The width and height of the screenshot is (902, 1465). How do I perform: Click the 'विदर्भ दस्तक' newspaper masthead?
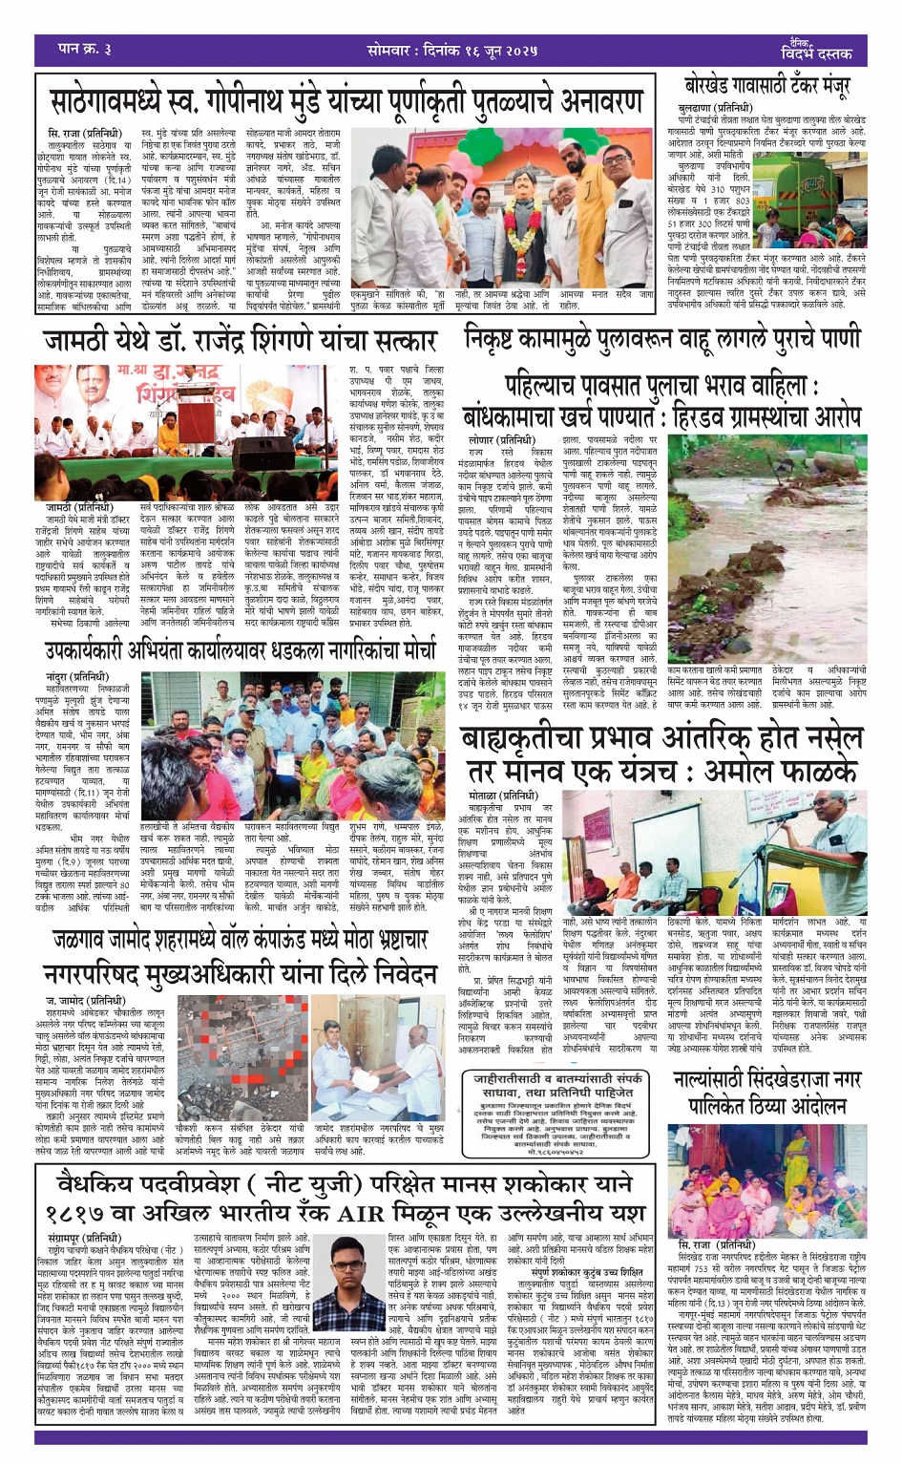815,53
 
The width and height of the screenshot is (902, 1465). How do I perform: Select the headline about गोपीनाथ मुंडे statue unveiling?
346,99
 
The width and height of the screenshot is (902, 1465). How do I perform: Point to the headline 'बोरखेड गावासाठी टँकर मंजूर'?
766,86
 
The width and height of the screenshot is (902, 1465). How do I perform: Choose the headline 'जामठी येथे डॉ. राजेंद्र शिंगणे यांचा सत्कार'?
240,340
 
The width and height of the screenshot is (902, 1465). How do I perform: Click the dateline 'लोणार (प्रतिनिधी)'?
495,439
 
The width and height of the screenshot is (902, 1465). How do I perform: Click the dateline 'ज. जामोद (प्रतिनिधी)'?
84,1001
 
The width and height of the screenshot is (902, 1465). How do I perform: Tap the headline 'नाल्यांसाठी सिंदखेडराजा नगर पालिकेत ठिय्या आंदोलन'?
766,1092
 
